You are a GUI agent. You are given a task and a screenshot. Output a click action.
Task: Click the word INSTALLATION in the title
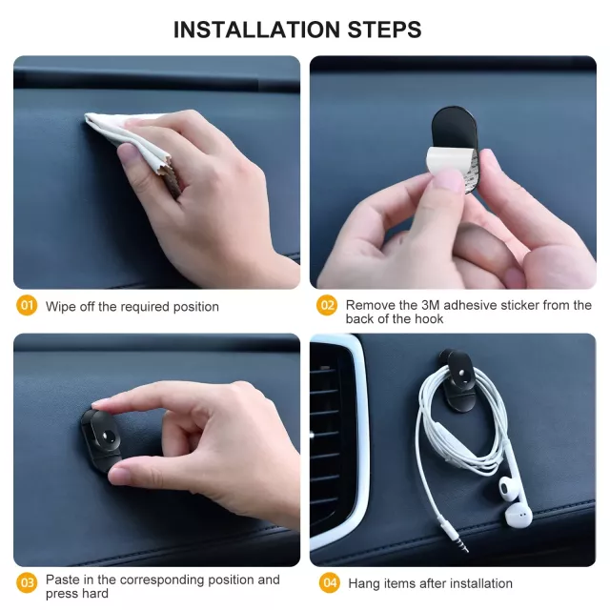click(x=256, y=30)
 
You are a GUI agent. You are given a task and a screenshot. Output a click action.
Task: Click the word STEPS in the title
click(x=384, y=30)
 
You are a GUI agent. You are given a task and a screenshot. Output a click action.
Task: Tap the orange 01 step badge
click(x=27, y=305)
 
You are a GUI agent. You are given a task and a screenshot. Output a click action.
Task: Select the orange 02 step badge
click(x=327, y=305)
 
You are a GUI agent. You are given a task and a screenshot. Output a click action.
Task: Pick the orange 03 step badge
click(x=27, y=582)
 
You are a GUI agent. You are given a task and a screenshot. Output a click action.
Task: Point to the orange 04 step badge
click(x=330, y=582)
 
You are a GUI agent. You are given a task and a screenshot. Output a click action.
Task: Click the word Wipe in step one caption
click(x=61, y=307)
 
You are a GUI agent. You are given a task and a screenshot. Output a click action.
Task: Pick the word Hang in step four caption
click(x=364, y=584)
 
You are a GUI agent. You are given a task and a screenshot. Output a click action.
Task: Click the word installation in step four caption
click(x=480, y=583)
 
